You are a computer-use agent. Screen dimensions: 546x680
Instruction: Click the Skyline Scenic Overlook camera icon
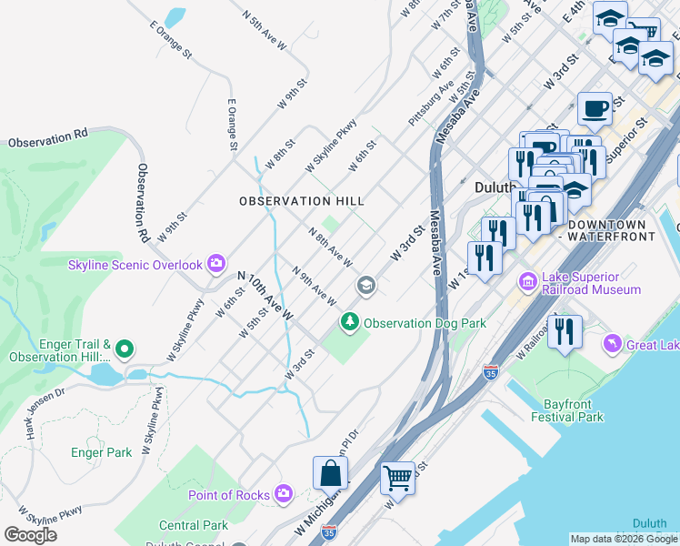[216, 264]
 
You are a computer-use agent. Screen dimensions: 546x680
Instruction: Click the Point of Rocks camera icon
[284, 494]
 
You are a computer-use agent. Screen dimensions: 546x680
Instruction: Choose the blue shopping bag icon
[330, 473]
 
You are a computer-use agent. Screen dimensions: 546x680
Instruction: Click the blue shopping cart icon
[397, 477]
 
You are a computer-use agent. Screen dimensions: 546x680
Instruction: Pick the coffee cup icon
[595, 109]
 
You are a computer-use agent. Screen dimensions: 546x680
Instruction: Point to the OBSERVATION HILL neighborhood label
[301, 201]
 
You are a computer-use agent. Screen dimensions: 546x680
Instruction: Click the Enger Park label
[101, 451]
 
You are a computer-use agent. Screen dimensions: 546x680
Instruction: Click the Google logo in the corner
[30, 535]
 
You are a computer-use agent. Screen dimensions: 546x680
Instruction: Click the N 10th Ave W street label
[265, 296]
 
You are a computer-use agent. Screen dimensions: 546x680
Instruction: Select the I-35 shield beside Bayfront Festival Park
[491, 372]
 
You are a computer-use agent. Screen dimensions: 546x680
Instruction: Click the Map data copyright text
[624, 539]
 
